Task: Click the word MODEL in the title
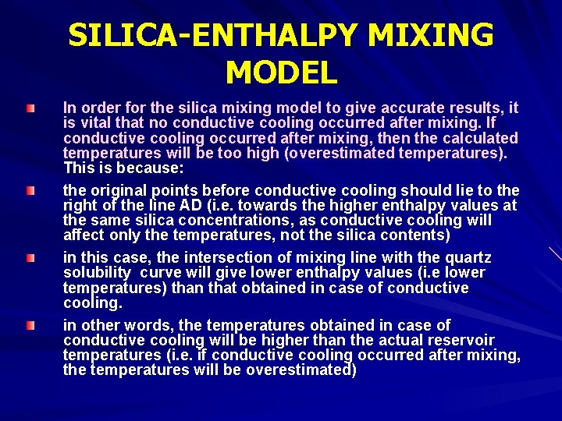click(281, 73)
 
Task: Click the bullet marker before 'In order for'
click(30, 107)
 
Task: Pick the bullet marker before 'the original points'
click(30, 190)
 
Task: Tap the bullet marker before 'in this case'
click(30, 257)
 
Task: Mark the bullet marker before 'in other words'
click(30, 324)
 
